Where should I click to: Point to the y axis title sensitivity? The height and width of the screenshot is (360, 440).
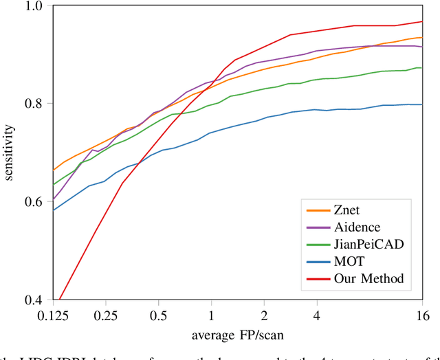point(9,153)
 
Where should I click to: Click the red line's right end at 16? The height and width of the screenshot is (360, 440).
point(421,21)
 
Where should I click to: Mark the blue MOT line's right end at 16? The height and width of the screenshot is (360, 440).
point(421,104)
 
